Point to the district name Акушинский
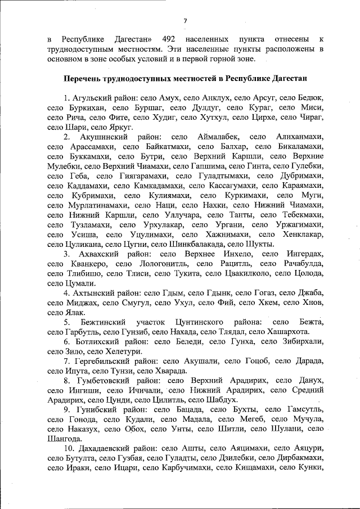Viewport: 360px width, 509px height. coord(102,137)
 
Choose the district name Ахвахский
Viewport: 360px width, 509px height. coord(97,254)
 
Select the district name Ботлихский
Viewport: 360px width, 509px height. coord(95,341)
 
